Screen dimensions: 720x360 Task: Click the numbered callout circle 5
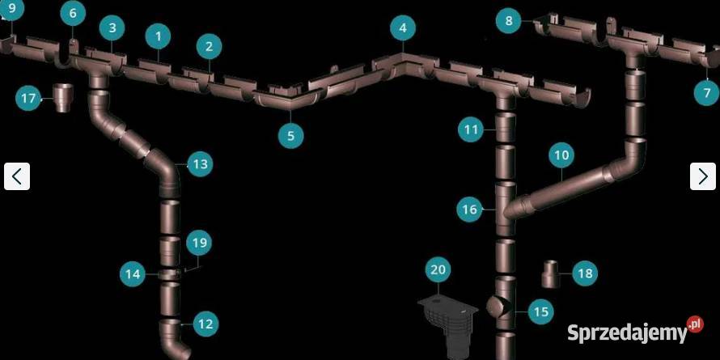click(x=290, y=135)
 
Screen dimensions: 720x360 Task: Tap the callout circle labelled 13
click(x=200, y=164)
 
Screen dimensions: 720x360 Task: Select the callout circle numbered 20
click(x=438, y=269)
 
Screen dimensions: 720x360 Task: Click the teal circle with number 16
click(x=470, y=210)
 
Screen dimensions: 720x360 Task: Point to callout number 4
click(x=403, y=28)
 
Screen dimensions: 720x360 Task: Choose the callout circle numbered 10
click(x=561, y=155)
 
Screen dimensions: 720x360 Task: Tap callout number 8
click(x=508, y=21)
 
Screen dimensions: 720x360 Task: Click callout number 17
click(x=28, y=98)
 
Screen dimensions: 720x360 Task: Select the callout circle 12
click(x=205, y=324)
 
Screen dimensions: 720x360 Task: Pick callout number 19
click(x=199, y=243)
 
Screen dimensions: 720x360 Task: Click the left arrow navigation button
click(x=17, y=176)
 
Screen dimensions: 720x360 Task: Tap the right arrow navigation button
click(x=702, y=176)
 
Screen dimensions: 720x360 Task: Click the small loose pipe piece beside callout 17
click(x=63, y=98)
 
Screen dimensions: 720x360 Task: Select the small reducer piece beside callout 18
click(x=550, y=274)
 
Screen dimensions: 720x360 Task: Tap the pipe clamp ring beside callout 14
click(x=169, y=274)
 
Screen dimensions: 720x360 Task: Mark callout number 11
click(x=471, y=130)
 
